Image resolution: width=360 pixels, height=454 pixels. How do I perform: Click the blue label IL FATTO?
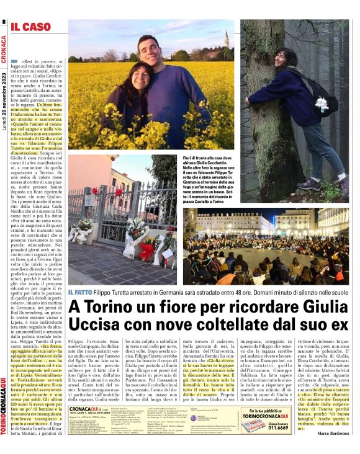[81, 292]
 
